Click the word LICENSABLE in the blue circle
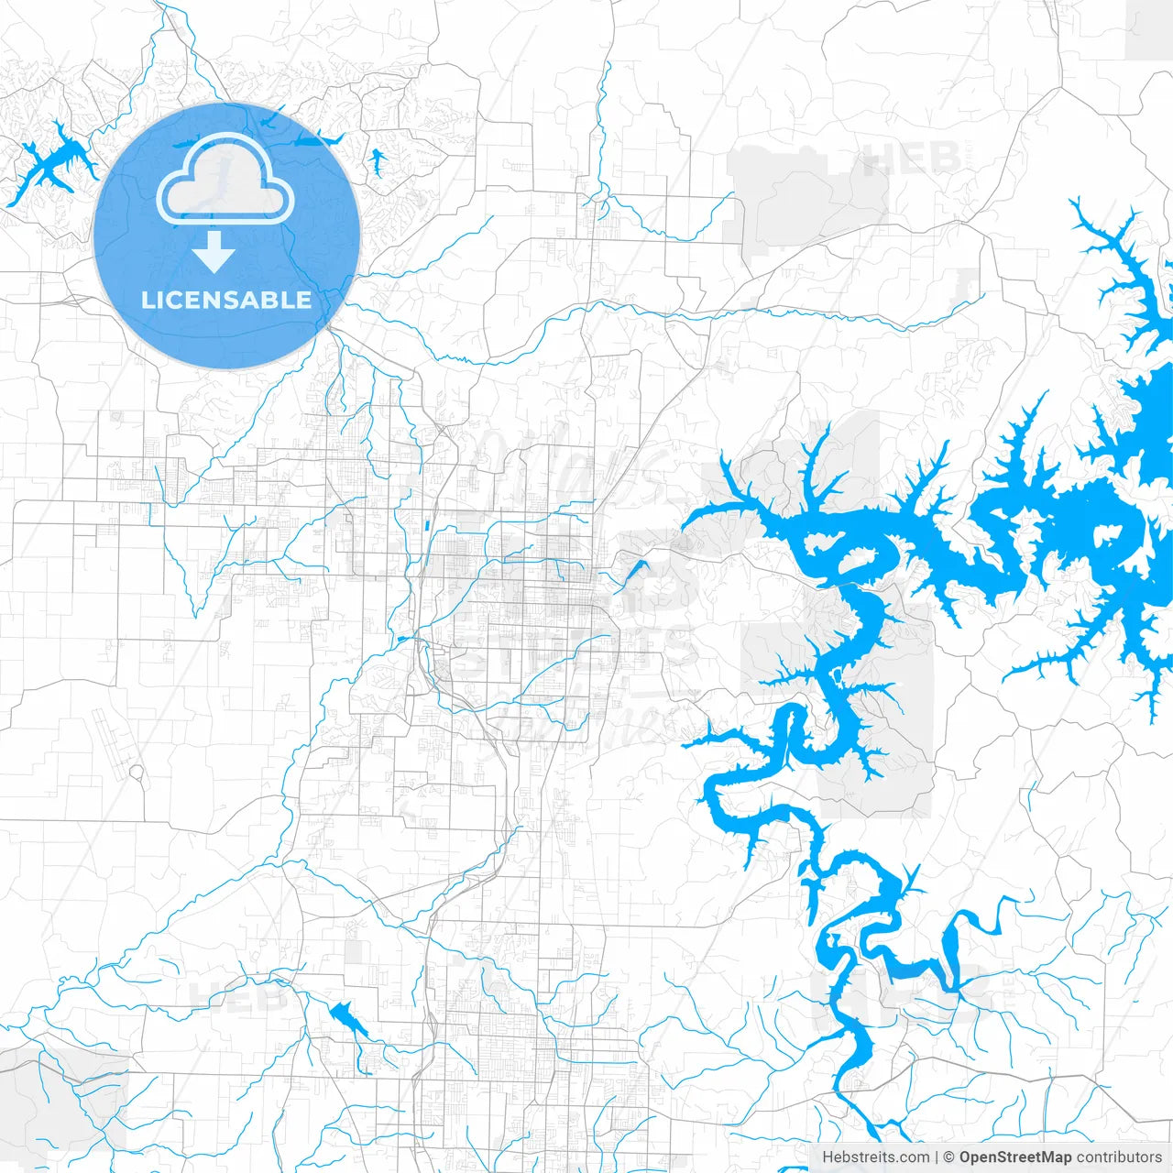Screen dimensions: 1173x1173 [226, 301]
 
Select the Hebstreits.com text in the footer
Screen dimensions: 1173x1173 [875, 1157]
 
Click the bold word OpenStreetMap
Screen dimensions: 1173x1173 [1015, 1157]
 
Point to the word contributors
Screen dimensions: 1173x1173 [1119, 1157]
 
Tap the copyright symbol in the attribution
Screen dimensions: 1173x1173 [949, 1157]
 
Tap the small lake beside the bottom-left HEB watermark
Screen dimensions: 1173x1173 [347, 1018]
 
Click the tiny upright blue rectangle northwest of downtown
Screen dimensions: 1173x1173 [426, 526]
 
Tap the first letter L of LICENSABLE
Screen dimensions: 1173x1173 [147, 301]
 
